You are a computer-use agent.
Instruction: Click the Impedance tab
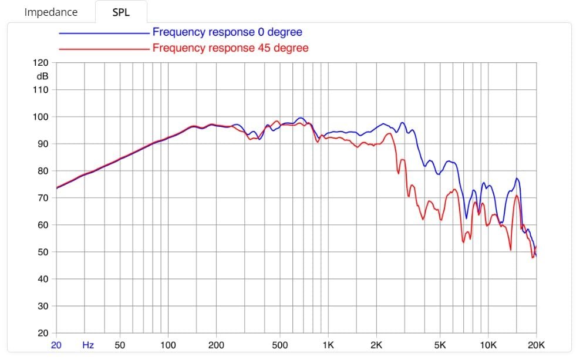[50, 12]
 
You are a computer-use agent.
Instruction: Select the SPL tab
[121, 12]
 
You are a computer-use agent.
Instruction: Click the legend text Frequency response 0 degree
[227, 32]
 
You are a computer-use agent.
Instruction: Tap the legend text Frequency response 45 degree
[230, 48]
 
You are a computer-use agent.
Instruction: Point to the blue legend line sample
[104, 33]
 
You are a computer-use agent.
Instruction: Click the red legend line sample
[104, 49]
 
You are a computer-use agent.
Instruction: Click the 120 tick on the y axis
[41, 63]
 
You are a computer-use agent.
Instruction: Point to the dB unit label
[42, 76]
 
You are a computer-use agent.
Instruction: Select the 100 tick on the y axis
[41, 117]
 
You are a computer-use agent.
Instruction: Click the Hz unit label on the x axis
[87, 345]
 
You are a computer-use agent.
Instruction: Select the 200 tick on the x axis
[216, 345]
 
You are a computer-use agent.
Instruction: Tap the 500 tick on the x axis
[280, 345]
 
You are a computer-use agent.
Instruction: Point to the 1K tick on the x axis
[328, 345]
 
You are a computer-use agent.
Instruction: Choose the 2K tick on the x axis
[376, 345]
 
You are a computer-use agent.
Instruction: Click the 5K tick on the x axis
[440, 345]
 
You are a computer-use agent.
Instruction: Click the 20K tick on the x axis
[535, 345]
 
